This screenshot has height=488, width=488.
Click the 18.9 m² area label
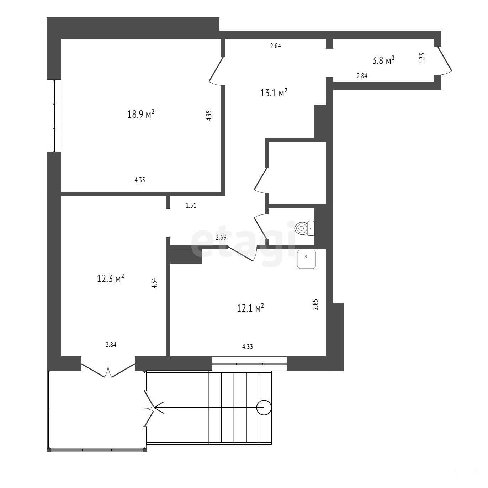pos(141,114)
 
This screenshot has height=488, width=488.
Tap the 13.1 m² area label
pos(274,92)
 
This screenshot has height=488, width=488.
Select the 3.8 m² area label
pos(383,60)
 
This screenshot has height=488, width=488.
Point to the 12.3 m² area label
pos(110,278)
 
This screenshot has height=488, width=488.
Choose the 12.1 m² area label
pos(250,308)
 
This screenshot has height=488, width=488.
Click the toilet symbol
pos(304,228)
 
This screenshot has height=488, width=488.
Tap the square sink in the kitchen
pos(307,259)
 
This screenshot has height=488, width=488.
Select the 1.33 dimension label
pos(422,58)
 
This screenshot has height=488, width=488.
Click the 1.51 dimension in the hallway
pos(191,205)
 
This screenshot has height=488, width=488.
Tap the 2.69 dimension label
pos(221,238)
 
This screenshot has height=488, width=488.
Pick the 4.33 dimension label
pos(248,346)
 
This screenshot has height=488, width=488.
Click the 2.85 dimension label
pos(315,305)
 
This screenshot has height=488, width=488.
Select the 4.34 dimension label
pos(154,283)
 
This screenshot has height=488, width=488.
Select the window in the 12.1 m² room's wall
pos(249,364)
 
